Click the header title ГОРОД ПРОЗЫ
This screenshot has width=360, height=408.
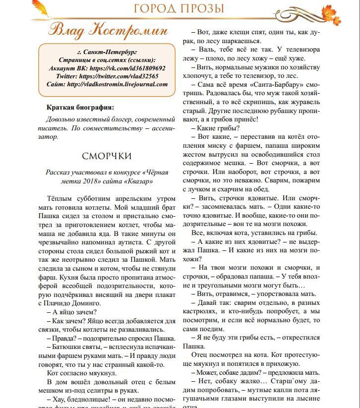coord(179,8)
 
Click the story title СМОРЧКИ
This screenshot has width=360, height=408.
coord(107,156)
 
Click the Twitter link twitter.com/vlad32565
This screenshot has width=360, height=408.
coord(119,76)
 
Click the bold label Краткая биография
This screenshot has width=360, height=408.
coord(80,107)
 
